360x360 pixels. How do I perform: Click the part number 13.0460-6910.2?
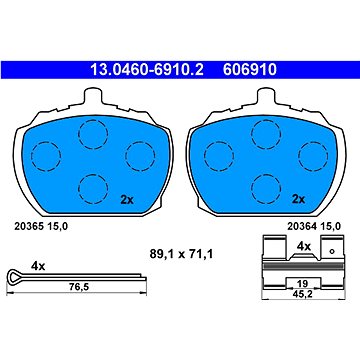tap(147, 70)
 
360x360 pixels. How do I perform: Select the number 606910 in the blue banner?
tap(250, 70)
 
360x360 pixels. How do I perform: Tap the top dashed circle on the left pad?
tap(93, 134)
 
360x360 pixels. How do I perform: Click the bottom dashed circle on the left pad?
tap(93, 189)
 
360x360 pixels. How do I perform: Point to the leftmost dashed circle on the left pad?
tap(46, 156)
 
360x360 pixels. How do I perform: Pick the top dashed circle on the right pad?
tap(266, 134)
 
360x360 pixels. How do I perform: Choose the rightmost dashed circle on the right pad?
tap(313, 156)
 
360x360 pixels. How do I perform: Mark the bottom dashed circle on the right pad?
tap(266, 189)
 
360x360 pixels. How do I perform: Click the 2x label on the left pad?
tap(127, 200)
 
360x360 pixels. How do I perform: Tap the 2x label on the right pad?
tap(299, 199)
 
